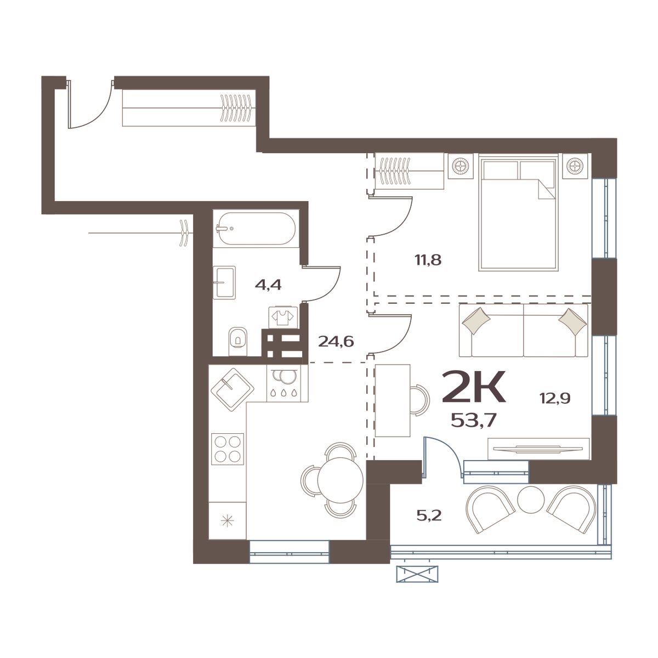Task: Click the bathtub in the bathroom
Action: pos(256,229)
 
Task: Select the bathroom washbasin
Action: pos(224,282)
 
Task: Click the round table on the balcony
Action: pos(531,500)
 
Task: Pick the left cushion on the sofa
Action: pos(476,319)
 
